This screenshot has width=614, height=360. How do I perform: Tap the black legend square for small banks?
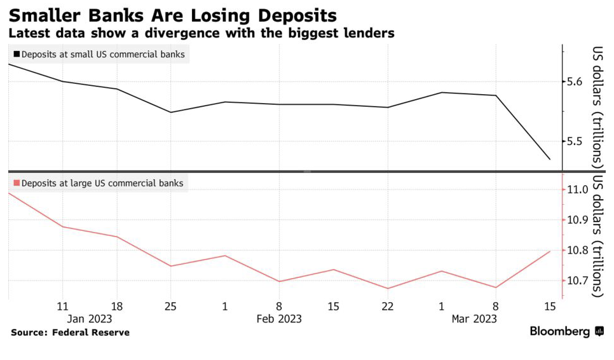[16, 55]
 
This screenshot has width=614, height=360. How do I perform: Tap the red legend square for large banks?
[16, 183]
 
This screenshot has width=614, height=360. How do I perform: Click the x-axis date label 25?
[171, 306]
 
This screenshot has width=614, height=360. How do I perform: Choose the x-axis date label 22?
[388, 306]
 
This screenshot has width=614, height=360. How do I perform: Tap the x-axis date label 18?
[117, 306]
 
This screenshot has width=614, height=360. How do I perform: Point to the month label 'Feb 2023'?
[279, 318]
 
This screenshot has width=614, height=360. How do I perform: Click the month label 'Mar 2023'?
[474, 318]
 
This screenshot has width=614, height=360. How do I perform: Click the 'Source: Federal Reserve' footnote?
[70, 333]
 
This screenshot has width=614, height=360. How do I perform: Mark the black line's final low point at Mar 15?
[550, 159]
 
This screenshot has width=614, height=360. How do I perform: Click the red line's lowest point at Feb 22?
[388, 289]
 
